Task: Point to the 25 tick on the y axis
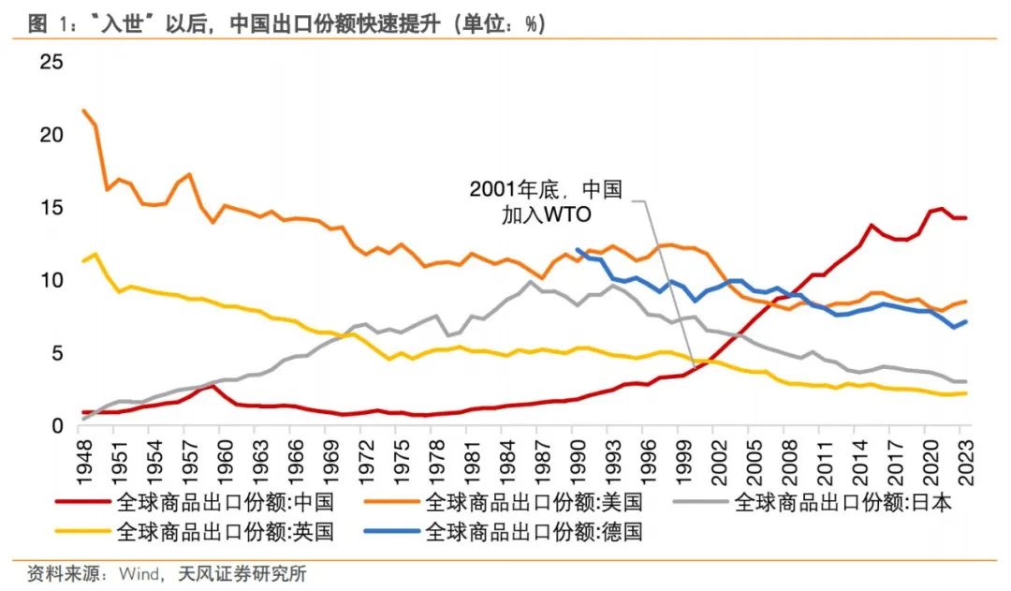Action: click(x=51, y=62)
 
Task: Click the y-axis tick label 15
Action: click(x=51, y=207)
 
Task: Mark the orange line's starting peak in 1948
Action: click(x=84, y=111)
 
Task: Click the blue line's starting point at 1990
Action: click(x=579, y=250)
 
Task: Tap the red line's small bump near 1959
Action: click(x=213, y=386)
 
